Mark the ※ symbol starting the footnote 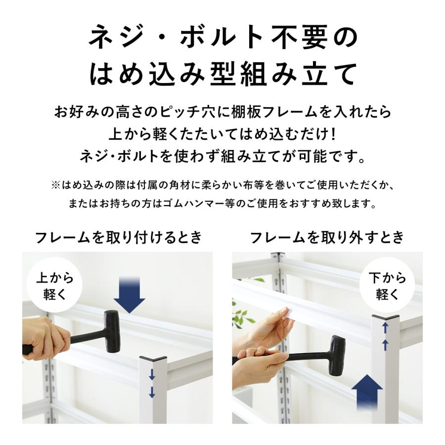[x=55, y=185]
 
